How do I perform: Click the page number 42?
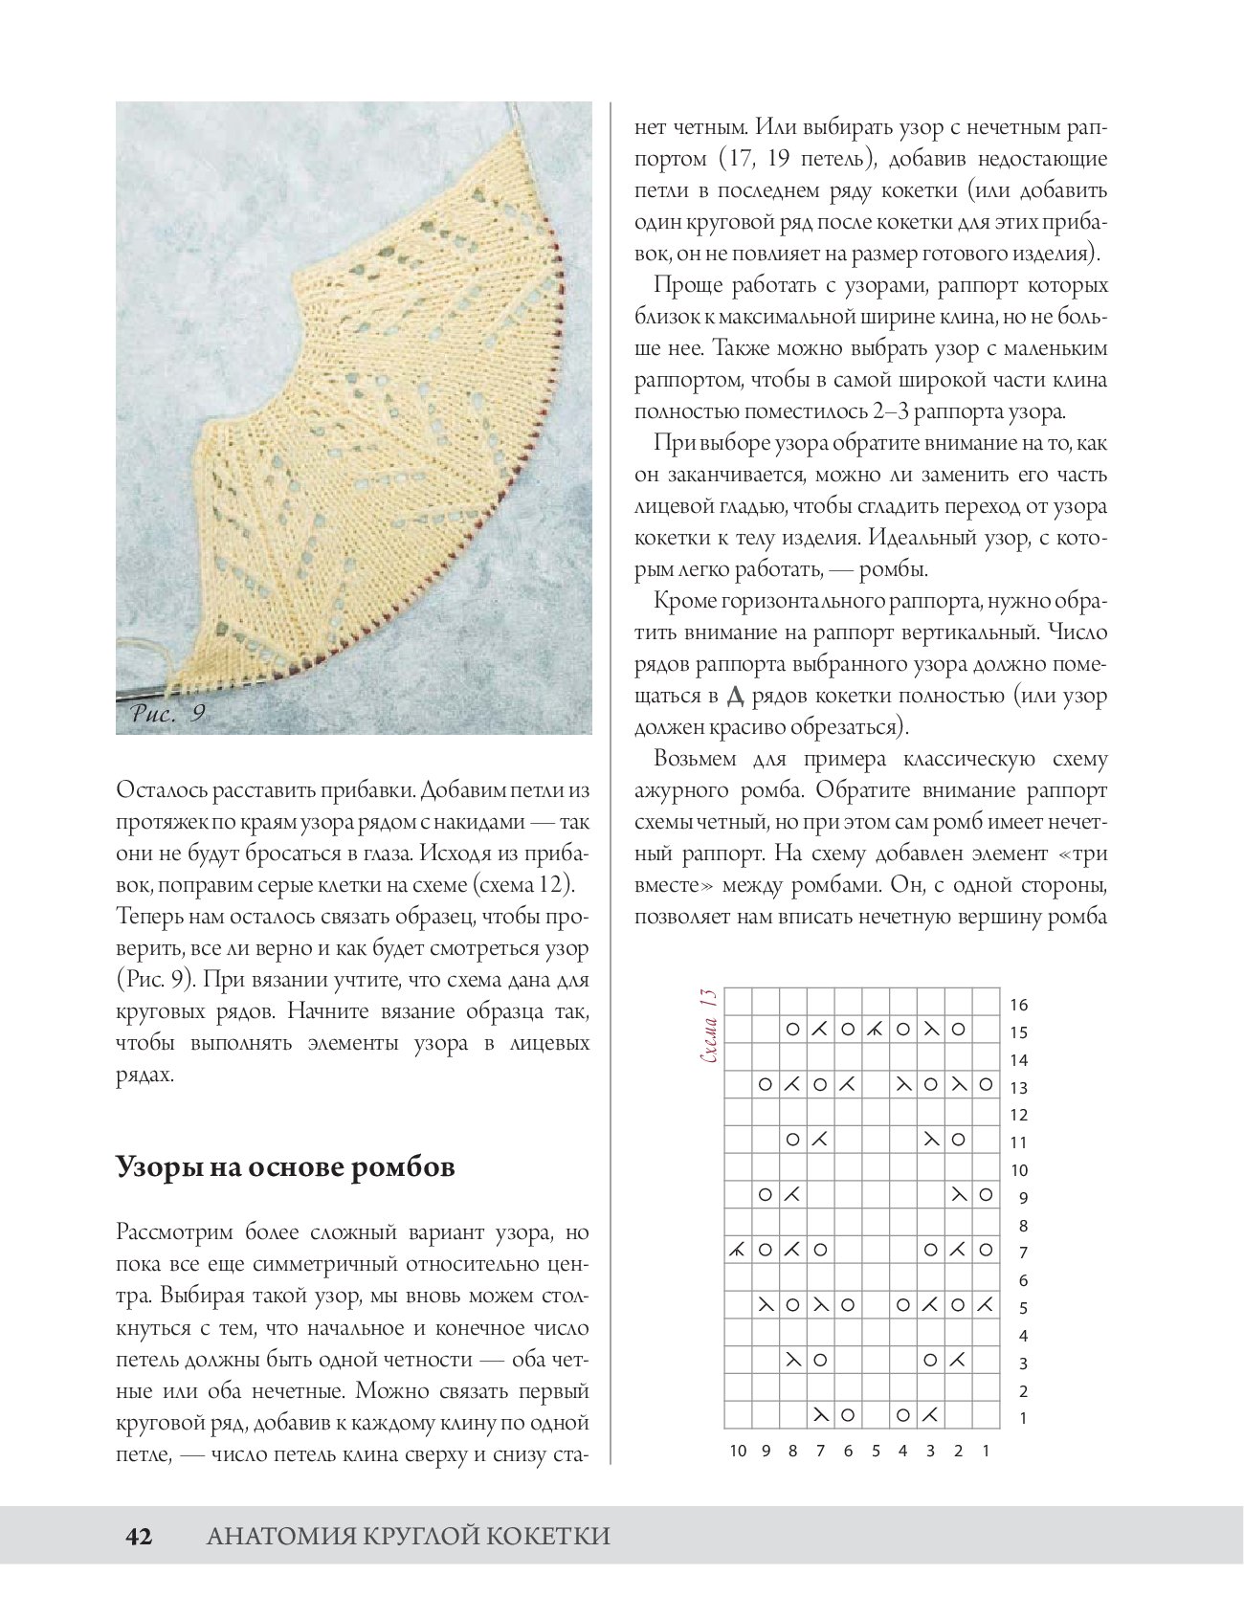coord(139,1537)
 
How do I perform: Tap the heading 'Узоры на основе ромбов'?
coord(285,1167)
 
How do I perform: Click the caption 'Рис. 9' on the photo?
coord(168,713)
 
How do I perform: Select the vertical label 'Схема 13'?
coord(709,1028)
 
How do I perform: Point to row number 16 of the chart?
coord(1018,1005)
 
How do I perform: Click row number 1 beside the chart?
coord(1022,1418)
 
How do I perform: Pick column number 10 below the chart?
coord(738,1451)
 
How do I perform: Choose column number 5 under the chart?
coord(876,1451)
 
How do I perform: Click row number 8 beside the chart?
coord(1022,1226)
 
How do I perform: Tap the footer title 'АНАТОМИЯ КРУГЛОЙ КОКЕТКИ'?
coord(409,1537)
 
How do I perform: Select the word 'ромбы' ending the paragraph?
coord(892,570)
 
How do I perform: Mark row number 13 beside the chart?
coord(1018,1088)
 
